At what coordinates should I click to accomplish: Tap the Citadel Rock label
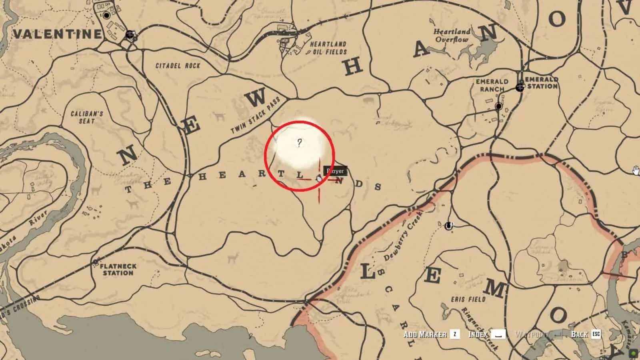click(x=178, y=66)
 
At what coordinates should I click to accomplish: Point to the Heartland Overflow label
click(x=452, y=36)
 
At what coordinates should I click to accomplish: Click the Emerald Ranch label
click(x=492, y=85)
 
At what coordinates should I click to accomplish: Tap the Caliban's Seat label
click(x=87, y=117)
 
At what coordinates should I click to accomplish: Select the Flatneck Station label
click(x=118, y=269)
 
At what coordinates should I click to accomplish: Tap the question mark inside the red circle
click(x=299, y=143)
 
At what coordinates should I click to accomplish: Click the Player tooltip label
click(x=335, y=171)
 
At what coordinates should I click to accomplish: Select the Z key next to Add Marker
click(x=455, y=334)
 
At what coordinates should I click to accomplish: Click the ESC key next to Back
click(x=596, y=334)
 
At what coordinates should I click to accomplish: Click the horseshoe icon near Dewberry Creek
click(x=449, y=226)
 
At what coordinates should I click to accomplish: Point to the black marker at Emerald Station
click(x=520, y=86)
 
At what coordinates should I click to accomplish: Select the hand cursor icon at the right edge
click(x=636, y=171)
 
